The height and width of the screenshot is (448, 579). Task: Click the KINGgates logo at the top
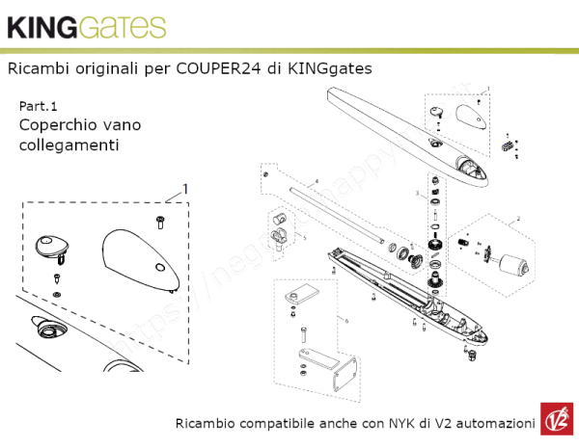click(86, 27)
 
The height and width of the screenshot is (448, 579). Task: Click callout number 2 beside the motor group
click(518, 220)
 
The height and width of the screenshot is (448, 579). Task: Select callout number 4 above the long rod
click(316, 181)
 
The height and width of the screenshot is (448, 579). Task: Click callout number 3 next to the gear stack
click(417, 195)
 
